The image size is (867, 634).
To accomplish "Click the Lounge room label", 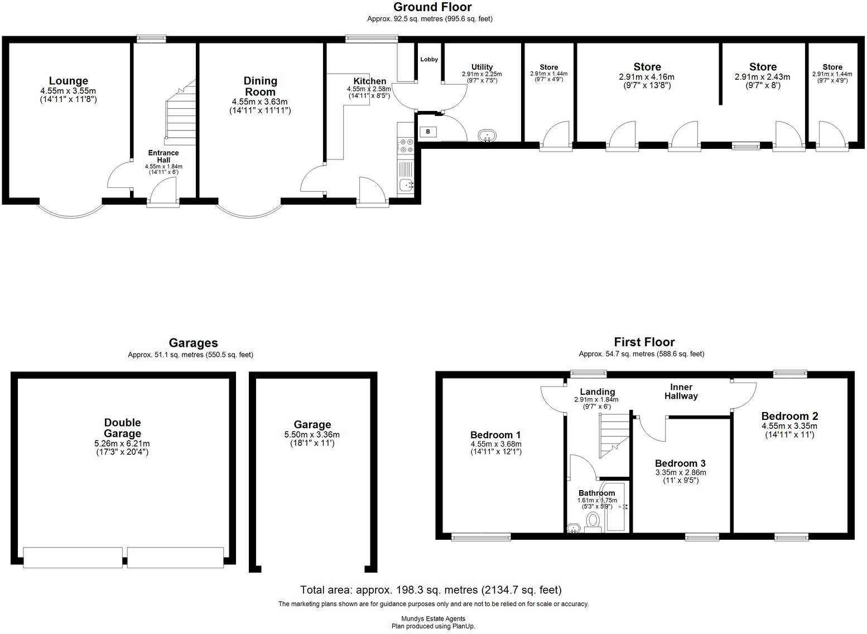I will point(68,81).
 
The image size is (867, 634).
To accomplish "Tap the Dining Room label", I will point(260,86).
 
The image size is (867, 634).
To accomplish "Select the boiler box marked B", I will point(428,132).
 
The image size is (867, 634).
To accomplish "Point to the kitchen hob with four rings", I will point(405,146).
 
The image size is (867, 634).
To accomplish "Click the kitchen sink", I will point(406,185).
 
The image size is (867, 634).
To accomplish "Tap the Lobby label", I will point(429,60).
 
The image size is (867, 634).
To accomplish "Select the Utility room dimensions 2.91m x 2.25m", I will point(481,74).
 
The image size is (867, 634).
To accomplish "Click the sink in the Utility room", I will point(487,135).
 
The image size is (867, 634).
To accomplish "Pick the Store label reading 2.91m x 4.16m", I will point(647,67).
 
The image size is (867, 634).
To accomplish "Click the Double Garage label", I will point(123,428).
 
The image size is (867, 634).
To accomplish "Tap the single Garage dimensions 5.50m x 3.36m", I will point(312,435).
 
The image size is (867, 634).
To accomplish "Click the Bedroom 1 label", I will point(495,435).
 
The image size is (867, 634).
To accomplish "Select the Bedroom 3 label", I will point(680,463).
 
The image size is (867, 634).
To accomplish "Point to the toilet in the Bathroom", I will point(593,521).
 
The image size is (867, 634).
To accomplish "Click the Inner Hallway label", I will point(681,391).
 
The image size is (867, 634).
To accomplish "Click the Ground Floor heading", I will point(432,7).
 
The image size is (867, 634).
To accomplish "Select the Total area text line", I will point(431,590).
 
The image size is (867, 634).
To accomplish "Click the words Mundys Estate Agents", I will point(433,618).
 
